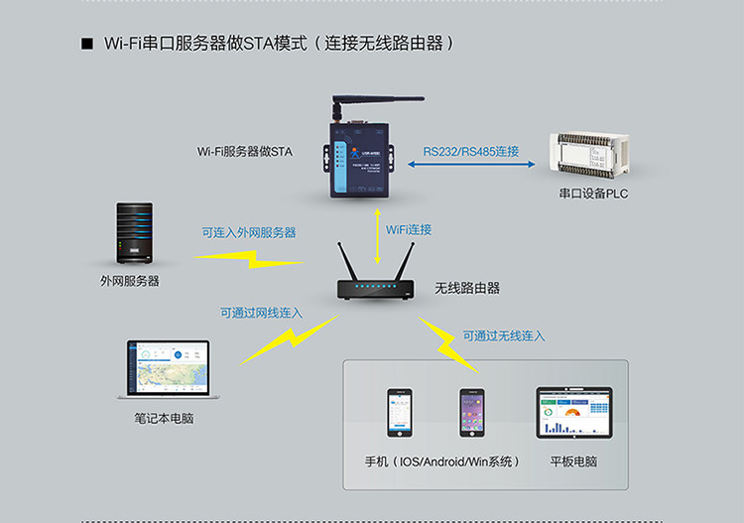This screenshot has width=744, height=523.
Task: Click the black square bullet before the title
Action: pyautogui.click(x=86, y=45)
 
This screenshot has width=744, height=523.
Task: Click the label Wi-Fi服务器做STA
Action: pyautogui.click(x=245, y=152)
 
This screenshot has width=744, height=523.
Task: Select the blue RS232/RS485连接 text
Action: pyautogui.click(x=471, y=151)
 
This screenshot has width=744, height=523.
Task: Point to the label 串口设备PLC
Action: pyautogui.click(x=593, y=194)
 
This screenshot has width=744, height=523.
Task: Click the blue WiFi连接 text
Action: pyautogui.click(x=409, y=229)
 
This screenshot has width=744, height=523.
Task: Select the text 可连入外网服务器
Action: pyautogui.click(x=249, y=233)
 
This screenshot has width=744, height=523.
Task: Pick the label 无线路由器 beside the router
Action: pyautogui.click(x=467, y=288)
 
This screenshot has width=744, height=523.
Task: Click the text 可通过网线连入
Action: pyautogui.click(x=262, y=313)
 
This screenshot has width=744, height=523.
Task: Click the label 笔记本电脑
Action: pyautogui.click(x=164, y=419)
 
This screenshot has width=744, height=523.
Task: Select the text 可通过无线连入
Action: pyautogui.click(x=504, y=336)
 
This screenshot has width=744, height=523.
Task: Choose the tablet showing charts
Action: pyautogui.click(x=573, y=413)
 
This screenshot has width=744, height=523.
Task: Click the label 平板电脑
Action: pyautogui.click(x=573, y=462)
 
